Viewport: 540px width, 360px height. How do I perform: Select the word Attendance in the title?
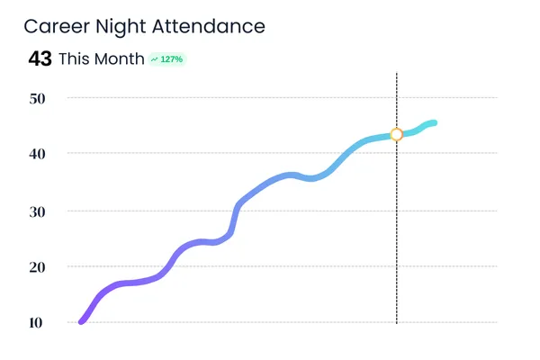[x=213, y=26]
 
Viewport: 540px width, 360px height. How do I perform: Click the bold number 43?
[x=40, y=59]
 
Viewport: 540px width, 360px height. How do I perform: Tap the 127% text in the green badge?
[x=172, y=59]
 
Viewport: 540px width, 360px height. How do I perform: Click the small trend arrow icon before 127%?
[x=155, y=59]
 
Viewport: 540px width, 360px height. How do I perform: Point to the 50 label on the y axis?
[x=37, y=97]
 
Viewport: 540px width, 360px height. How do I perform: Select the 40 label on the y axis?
[x=37, y=154]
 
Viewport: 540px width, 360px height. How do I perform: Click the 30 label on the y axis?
[x=37, y=211]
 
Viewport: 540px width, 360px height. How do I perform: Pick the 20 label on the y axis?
[x=37, y=266]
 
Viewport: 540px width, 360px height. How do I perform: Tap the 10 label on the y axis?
[x=37, y=322]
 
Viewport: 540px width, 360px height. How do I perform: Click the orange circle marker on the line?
[x=396, y=135]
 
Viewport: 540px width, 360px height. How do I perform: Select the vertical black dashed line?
[x=396, y=234]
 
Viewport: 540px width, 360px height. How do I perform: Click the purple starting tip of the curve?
[x=83, y=320]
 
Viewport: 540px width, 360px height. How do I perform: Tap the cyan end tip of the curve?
[x=435, y=122]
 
